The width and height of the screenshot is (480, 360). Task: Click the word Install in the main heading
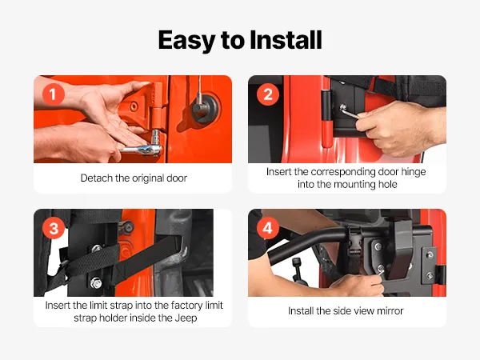click(x=286, y=40)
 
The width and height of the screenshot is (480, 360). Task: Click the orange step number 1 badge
click(x=54, y=94)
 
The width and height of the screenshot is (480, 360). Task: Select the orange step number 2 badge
click(x=268, y=94)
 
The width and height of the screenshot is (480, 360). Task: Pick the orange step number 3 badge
click(x=54, y=228)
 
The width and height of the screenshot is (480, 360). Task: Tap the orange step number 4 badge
click(x=268, y=228)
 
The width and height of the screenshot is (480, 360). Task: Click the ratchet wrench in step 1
click(x=144, y=147)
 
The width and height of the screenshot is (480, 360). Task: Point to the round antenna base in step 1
click(x=205, y=108)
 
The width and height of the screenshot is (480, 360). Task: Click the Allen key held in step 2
click(x=349, y=112)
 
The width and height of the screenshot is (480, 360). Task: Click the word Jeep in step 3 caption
click(x=186, y=318)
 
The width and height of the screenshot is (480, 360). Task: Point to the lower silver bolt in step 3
click(x=96, y=283)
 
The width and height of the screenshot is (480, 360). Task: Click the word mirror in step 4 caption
click(x=390, y=311)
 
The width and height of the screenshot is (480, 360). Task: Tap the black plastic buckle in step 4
click(x=354, y=245)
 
